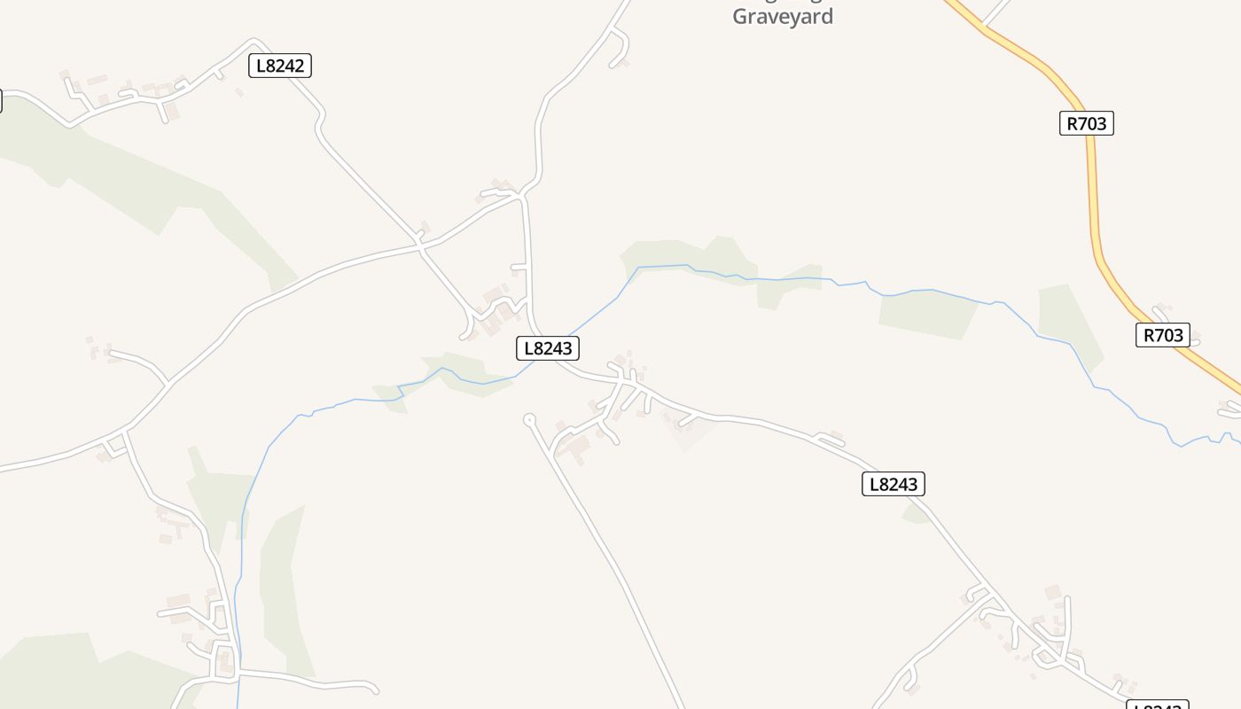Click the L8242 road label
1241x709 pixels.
click(x=280, y=66)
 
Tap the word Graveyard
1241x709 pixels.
click(x=783, y=17)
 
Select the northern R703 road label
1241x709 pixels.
click(x=1086, y=123)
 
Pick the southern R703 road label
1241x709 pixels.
click(x=1162, y=335)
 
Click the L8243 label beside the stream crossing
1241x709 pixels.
click(x=548, y=348)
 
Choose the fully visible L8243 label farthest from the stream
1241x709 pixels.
click(x=894, y=484)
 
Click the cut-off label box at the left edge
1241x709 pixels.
click(x=1, y=101)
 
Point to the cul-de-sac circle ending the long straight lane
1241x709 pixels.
click(x=530, y=419)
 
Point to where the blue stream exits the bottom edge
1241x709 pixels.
click(x=238, y=705)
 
